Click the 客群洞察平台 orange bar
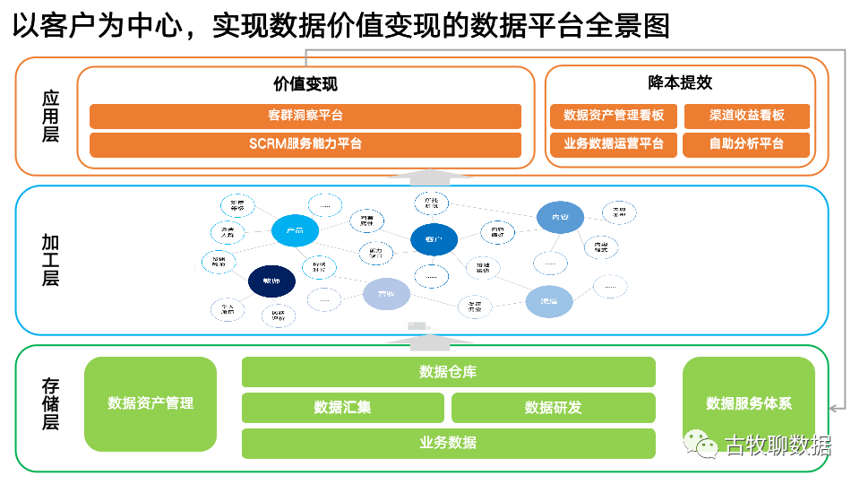(x=305, y=117)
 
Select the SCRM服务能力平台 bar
(x=305, y=144)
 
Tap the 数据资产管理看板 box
(x=614, y=117)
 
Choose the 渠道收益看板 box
(x=746, y=117)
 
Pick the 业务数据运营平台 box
(x=614, y=144)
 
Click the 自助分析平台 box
(x=746, y=144)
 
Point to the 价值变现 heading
(x=305, y=85)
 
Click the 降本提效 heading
(x=680, y=82)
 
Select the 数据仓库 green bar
(x=448, y=372)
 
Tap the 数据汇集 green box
(x=342, y=407)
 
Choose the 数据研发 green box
(x=553, y=407)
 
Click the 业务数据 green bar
(x=448, y=442)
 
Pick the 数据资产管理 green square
(x=150, y=403)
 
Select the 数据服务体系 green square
(x=749, y=403)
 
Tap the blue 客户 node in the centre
(x=434, y=239)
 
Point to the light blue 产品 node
(x=295, y=231)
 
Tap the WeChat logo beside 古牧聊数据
(x=701, y=444)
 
